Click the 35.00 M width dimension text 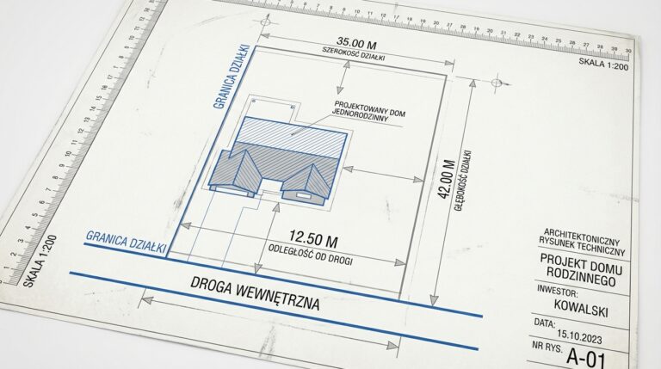coord(355,42)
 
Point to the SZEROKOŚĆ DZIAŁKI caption coord(353,54)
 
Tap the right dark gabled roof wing coord(310,178)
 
